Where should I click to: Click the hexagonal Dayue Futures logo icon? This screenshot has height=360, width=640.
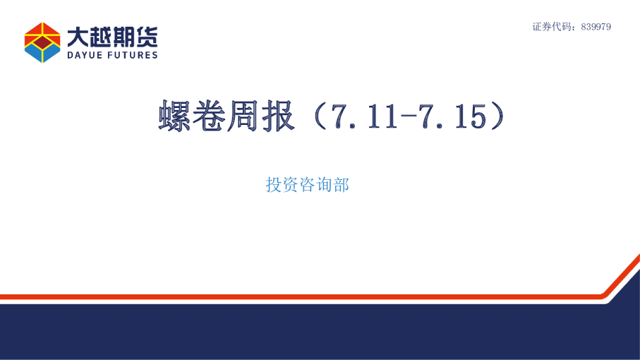(x=42, y=42)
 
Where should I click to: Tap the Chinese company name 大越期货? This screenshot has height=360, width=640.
(x=112, y=36)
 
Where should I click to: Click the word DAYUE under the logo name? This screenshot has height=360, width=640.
(x=85, y=55)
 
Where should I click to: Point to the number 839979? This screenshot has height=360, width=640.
(x=595, y=27)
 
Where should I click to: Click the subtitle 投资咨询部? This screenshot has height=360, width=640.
(x=308, y=185)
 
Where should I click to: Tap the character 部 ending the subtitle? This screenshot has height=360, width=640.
(x=342, y=185)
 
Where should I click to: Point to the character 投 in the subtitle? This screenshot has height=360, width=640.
(x=274, y=185)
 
